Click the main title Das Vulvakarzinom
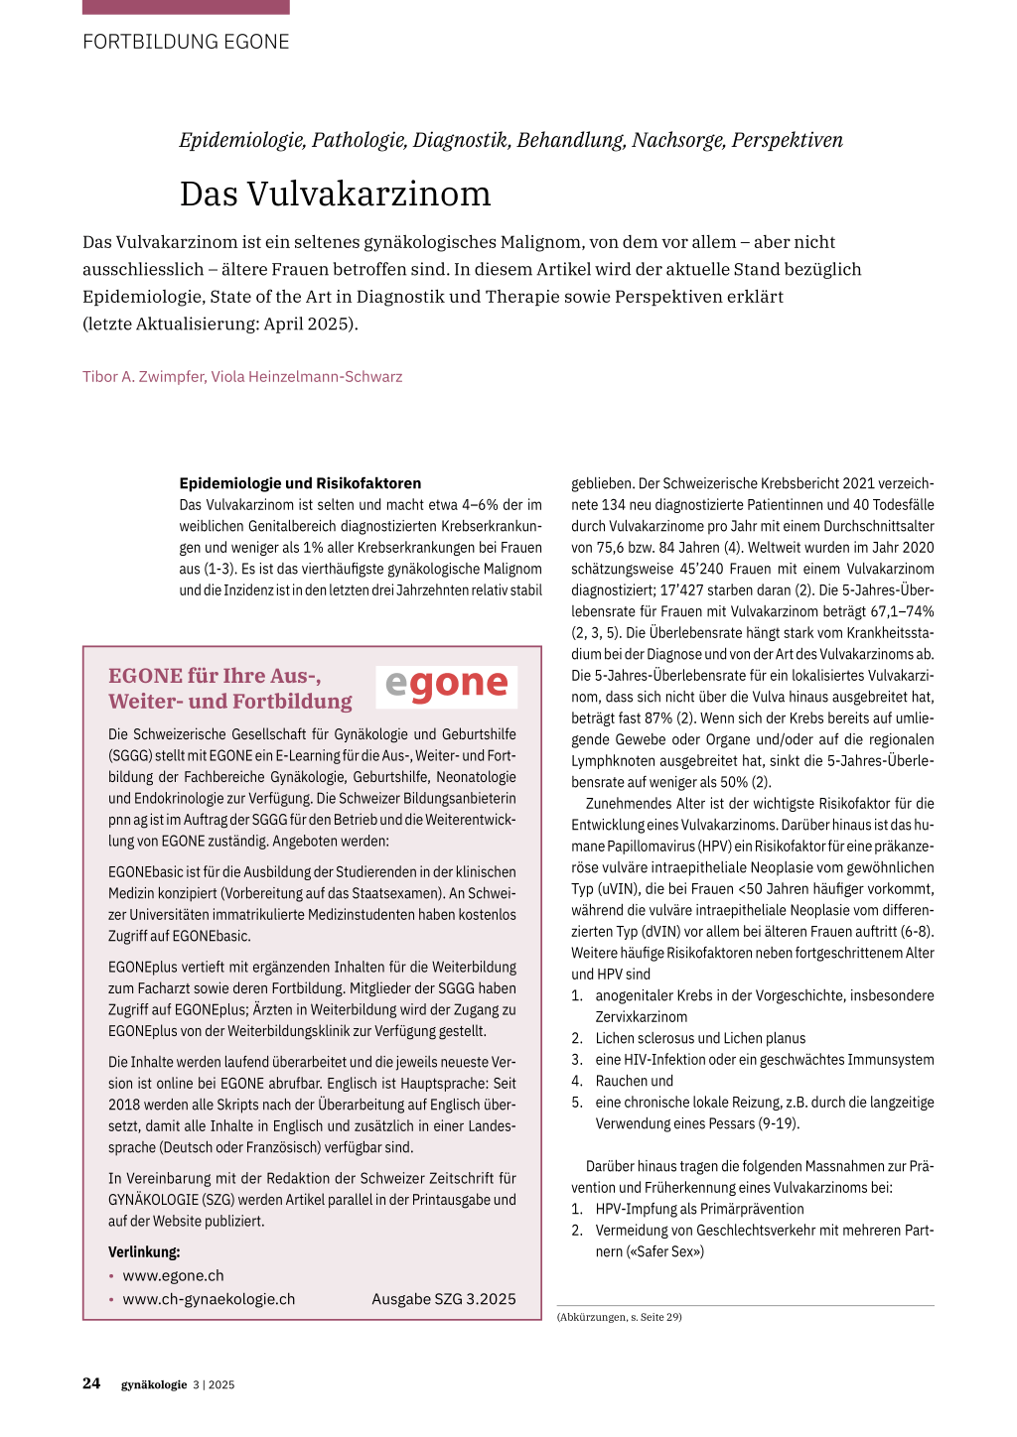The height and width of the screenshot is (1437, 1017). (x=335, y=194)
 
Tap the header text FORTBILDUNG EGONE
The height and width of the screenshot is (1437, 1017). (x=186, y=42)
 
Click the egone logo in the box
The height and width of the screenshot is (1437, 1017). (x=447, y=685)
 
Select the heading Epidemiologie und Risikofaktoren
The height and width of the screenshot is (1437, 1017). (x=300, y=483)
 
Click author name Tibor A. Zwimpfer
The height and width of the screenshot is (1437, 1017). (x=142, y=377)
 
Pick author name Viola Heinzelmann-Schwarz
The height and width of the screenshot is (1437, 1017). (x=307, y=377)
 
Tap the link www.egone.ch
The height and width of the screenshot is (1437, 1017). (x=173, y=1276)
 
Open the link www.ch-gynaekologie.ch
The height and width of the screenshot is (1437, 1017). (x=209, y=1299)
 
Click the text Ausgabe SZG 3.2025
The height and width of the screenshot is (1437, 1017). (x=444, y=1299)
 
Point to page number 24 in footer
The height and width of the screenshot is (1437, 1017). (x=91, y=1383)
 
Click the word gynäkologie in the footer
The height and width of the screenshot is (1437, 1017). (x=154, y=1384)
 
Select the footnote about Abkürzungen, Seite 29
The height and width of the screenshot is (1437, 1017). (x=620, y=1317)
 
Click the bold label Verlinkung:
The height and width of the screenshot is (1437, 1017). (x=144, y=1252)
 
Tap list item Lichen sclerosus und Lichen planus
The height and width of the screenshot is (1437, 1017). (x=700, y=1038)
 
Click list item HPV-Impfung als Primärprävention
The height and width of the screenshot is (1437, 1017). (x=699, y=1209)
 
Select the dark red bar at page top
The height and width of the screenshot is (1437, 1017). (x=186, y=7)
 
